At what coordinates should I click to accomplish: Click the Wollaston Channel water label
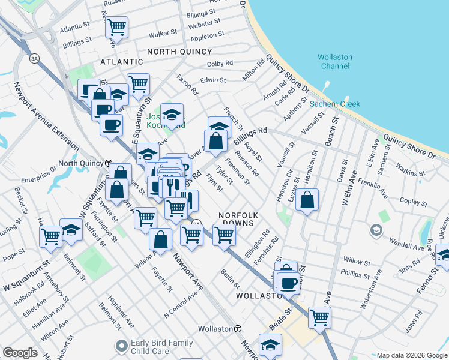pyautogui.click(x=335, y=61)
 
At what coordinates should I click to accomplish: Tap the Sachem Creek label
pyautogui.click(x=335, y=104)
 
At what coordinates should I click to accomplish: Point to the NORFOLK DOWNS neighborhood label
pyautogui.click(x=238, y=219)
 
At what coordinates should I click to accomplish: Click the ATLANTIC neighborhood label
pyautogui.click(x=121, y=62)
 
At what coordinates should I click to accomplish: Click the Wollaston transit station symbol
pyautogui.click(x=238, y=329)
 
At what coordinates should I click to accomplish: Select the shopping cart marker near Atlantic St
pyautogui.click(x=116, y=26)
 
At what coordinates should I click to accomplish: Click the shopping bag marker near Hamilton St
pyautogui.click(x=307, y=201)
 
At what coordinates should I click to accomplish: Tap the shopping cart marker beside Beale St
pyautogui.click(x=319, y=316)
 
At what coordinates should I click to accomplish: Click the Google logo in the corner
pyautogui.click(x=19, y=353)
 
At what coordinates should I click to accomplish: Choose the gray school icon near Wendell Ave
pyautogui.click(x=375, y=230)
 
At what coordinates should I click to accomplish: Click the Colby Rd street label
pyautogui.click(x=220, y=63)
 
